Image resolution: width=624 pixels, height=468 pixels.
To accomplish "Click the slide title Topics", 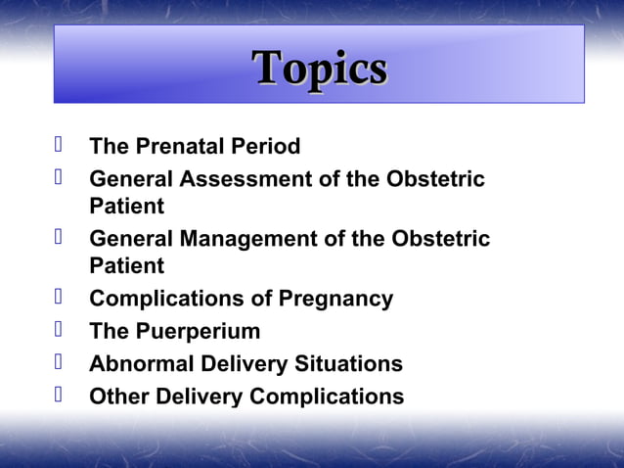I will pos(320,68).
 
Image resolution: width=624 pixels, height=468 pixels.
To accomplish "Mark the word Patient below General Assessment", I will pos(126,207).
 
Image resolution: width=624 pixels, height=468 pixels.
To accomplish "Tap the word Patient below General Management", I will pos(126,265).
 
